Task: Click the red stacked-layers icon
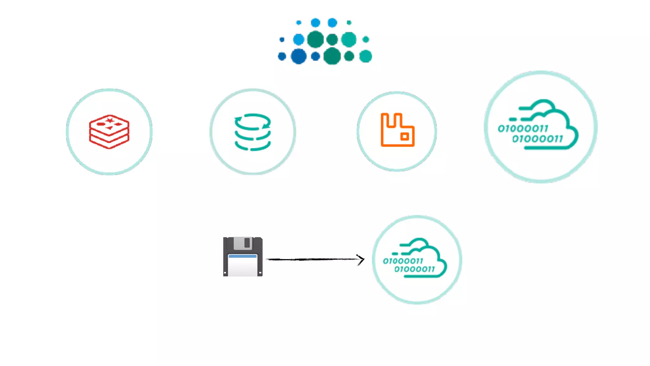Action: pyautogui.click(x=109, y=132)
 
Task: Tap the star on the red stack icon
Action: pyautogui.click(x=110, y=120)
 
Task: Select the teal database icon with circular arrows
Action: pyautogui.click(x=253, y=132)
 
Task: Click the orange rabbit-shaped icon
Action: pyautogui.click(x=397, y=130)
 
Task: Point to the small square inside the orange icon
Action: pyautogui.click(x=404, y=137)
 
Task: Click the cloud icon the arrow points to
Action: pyautogui.click(x=416, y=258)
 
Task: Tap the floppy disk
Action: pyautogui.click(x=243, y=256)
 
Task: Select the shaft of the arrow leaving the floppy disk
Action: pyautogui.click(x=311, y=259)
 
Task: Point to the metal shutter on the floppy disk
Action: pyautogui.click(x=243, y=243)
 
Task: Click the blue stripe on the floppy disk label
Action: pyautogui.click(x=242, y=256)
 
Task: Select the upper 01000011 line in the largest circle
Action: pyautogui.click(x=523, y=128)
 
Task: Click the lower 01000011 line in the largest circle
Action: pyautogui.click(x=538, y=139)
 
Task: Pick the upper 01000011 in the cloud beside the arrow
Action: pyautogui.click(x=403, y=261)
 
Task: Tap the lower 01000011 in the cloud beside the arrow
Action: pyautogui.click(x=415, y=269)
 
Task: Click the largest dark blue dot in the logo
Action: pyautogui.click(x=298, y=57)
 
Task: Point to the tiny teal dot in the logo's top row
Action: pyautogui.click(x=349, y=23)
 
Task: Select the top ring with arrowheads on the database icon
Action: pyautogui.click(x=253, y=122)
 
